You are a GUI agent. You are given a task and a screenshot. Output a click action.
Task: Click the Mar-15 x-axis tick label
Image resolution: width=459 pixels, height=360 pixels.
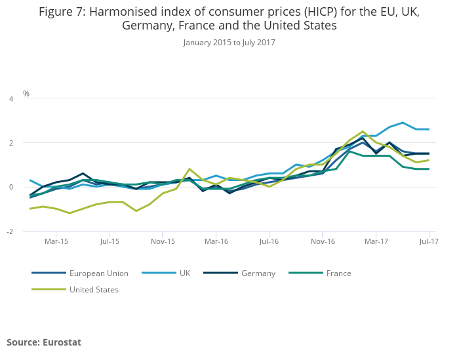click(56, 241)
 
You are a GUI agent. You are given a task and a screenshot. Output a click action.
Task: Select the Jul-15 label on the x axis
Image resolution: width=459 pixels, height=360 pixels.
click(110, 241)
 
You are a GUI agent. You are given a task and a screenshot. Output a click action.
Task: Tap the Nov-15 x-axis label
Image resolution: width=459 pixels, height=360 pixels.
click(163, 241)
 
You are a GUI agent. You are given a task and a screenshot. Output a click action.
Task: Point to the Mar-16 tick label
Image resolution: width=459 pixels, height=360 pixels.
click(216, 241)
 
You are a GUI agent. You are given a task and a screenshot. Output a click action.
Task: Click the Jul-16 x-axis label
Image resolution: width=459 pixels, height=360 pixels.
click(269, 241)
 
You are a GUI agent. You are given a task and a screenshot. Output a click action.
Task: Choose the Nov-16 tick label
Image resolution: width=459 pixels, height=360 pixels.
click(323, 241)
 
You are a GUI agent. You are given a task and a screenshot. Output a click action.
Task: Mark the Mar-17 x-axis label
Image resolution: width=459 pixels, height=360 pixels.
click(376, 241)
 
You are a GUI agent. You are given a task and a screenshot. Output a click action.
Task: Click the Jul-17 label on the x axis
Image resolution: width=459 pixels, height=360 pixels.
click(429, 241)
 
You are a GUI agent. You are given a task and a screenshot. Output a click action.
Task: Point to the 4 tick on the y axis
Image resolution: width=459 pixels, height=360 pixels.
click(10, 99)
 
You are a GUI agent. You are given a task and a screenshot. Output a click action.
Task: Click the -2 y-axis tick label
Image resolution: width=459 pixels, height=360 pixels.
click(9, 232)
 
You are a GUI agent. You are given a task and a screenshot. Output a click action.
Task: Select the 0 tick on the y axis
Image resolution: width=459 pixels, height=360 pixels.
click(10, 188)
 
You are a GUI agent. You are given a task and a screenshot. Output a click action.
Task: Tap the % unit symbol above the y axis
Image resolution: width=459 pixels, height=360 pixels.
click(26, 94)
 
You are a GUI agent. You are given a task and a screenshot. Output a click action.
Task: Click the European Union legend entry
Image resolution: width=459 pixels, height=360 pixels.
click(98, 273)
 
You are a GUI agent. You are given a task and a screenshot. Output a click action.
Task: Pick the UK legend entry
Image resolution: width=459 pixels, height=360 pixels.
click(185, 273)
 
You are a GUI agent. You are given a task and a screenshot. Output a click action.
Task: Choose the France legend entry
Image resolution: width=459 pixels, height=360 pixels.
click(339, 273)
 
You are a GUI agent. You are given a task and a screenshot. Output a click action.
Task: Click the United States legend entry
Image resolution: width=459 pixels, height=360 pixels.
click(94, 289)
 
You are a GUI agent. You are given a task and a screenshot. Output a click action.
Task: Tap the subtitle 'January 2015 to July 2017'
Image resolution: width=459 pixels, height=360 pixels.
click(229, 43)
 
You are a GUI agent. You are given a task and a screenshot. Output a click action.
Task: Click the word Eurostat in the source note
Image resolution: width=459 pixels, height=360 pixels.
click(62, 342)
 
